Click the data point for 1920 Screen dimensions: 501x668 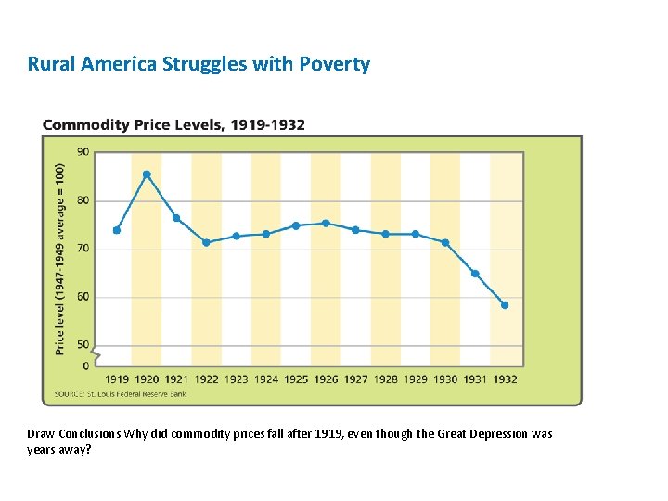(x=147, y=174)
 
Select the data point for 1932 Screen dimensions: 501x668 (x=505, y=305)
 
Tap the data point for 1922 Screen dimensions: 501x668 (x=206, y=242)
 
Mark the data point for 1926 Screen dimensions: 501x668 (x=326, y=223)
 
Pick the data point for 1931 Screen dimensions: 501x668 (x=475, y=274)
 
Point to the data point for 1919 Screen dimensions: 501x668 (x=117, y=230)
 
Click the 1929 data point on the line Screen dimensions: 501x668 (x=416, y=234)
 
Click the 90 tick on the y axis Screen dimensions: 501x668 (x=83, y=151)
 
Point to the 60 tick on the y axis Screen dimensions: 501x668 (x=83, y=297)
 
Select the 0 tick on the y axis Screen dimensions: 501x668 (x=86, y=366)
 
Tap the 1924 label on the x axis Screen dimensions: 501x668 (x=266, y=379)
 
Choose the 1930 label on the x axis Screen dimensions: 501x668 (x=445, y=379)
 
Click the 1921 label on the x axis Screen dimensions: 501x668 (x=176, y=379)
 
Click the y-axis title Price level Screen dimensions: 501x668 (x=60, y=260)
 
